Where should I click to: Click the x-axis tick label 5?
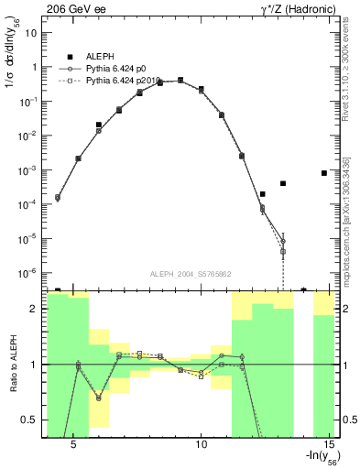(73, 443)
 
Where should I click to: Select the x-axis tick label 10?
(202, 443)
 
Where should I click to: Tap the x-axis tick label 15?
(332, 443)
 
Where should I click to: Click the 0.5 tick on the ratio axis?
(31, 420)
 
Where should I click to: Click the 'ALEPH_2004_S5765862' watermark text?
(191, 274)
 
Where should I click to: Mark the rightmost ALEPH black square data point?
(324, 172)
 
